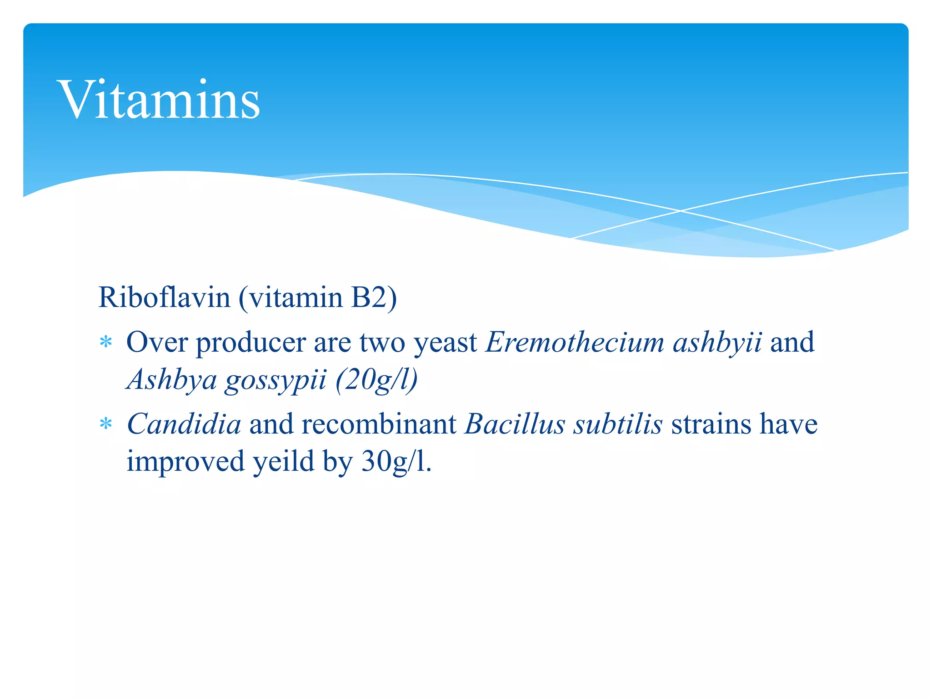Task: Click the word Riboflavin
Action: click(165, 298)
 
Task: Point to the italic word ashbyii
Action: click(717, 342)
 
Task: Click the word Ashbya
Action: click(172, 379)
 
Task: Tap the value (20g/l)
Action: click(376, 379)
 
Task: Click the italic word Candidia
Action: click(184, 424)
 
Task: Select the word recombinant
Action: click(379, 424)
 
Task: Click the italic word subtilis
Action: click(617, 424)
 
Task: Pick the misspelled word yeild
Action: click(283, 462)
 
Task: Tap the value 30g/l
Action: click(395, 462)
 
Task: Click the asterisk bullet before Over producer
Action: click(106, 342)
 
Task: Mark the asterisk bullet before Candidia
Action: click(106, 424)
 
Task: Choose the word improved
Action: click(185, 462)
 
